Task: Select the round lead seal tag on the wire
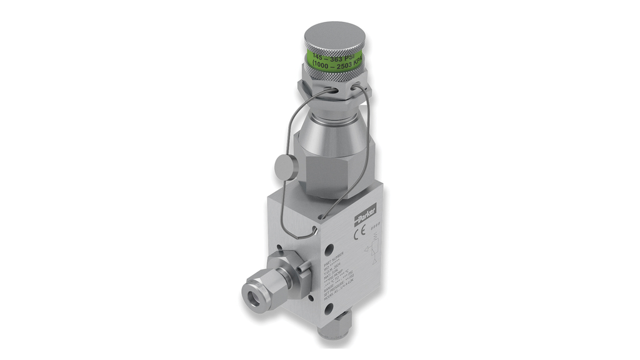coord(284,167)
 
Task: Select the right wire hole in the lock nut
coord(356,86)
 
